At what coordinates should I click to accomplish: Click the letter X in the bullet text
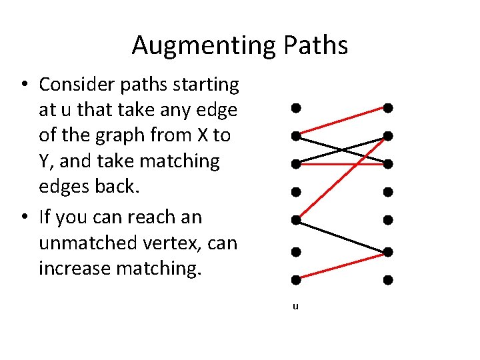204,135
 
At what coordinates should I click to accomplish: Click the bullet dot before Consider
23,85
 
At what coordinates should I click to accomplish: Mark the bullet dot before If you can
23,218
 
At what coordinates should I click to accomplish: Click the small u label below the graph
295,307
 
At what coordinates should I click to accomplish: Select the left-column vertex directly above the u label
294,280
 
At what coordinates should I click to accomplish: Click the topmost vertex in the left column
294,107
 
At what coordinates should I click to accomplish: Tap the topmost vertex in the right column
387,107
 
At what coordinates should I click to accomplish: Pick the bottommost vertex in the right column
387,280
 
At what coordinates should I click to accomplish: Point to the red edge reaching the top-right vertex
341,121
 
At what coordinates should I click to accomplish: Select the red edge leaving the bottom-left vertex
341,266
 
